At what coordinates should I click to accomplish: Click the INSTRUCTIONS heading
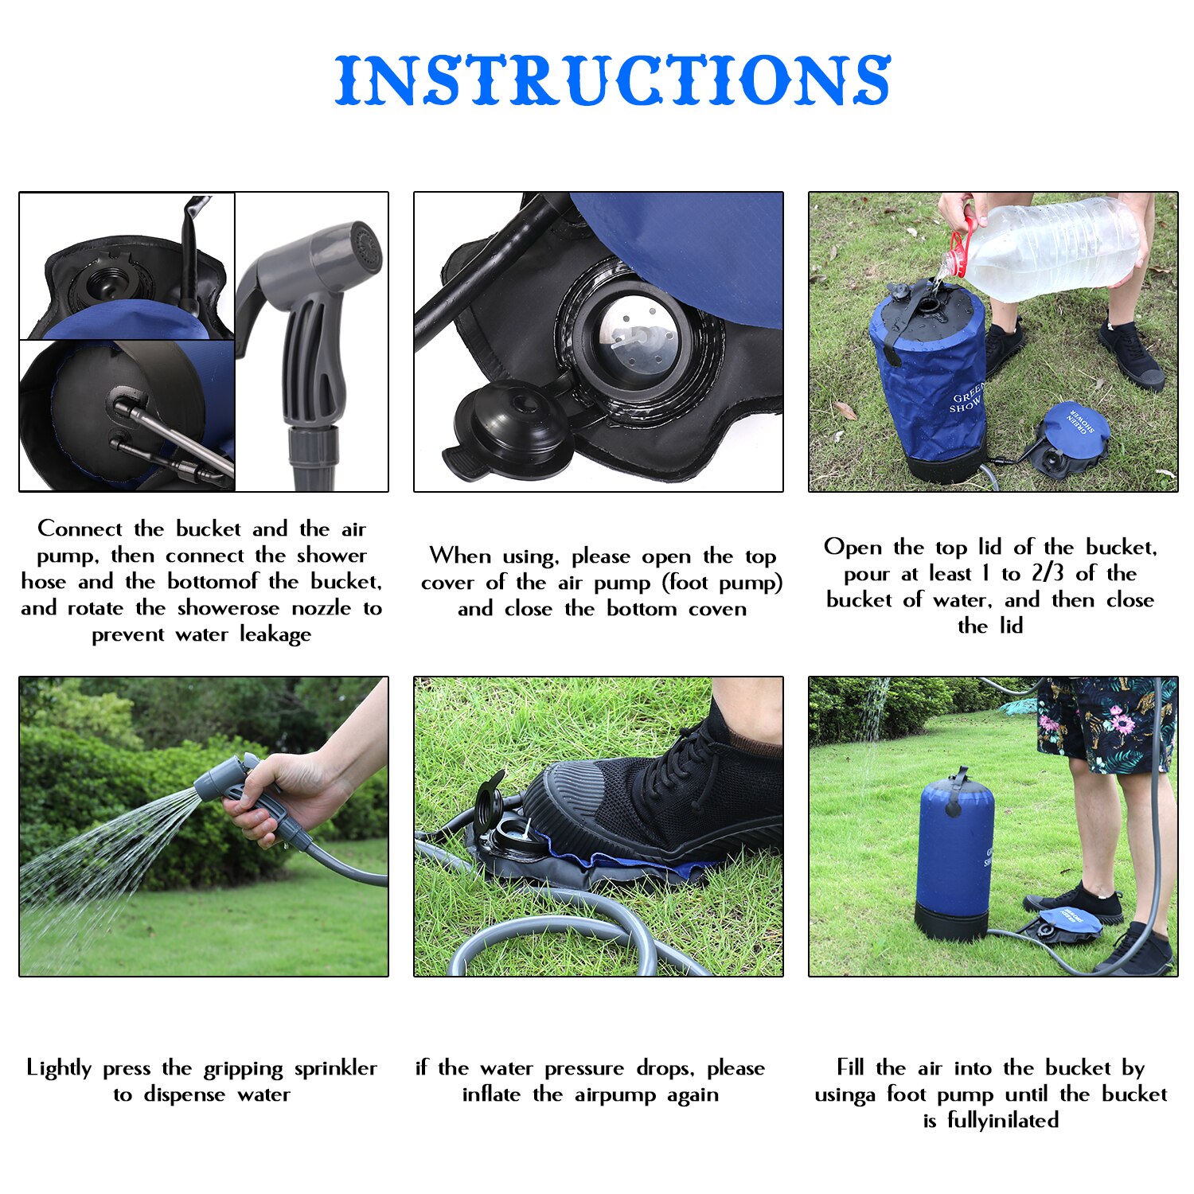[x=612, y=80]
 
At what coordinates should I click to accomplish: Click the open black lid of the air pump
[x=509, y=426]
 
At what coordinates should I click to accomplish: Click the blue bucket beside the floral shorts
[x=955, y=852]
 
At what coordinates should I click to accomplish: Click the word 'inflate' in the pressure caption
[x=491, y=1094]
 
